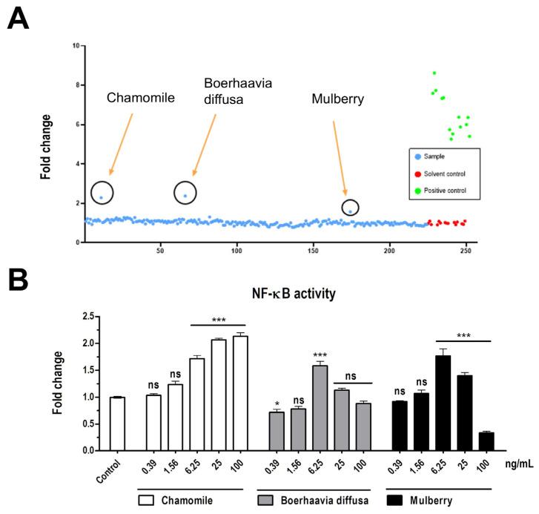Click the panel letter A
tap(19, 18)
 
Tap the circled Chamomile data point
tap(101, 198)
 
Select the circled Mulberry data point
tap(350, 211)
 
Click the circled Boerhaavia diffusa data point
tap(185, 196)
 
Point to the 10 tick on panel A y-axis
tap(76, 46)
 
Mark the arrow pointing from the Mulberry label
tap(340, 159)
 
